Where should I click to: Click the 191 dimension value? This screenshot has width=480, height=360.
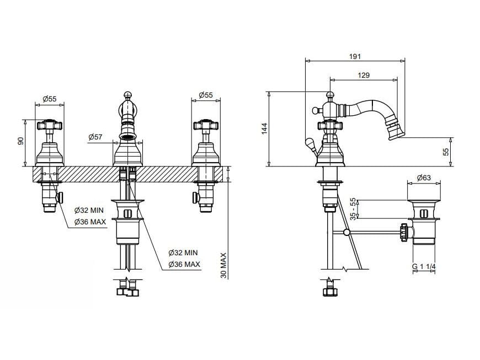(356, 56)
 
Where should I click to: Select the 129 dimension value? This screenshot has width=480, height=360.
(364, 76)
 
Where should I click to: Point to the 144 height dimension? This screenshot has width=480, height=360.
(265, 128)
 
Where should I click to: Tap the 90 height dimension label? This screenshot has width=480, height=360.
(21, 142)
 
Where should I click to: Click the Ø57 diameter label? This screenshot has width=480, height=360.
(94, 136)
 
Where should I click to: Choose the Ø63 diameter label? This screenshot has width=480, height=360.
(424, 178)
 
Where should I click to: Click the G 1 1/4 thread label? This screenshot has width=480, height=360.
(424, 267)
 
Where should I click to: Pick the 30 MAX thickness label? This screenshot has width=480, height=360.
(223, 266)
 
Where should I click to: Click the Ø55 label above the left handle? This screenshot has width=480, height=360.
(50, 98)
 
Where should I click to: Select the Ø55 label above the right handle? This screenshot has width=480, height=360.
(205, 95)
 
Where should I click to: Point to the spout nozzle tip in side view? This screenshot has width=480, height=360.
(396, 132)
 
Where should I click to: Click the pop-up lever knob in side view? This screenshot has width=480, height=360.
(311, 145)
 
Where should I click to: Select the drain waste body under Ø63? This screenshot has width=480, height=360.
(424, 221)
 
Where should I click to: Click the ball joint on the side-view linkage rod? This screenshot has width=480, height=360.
(346, 232)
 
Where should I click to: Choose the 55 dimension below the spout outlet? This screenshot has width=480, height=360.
(446, 151)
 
